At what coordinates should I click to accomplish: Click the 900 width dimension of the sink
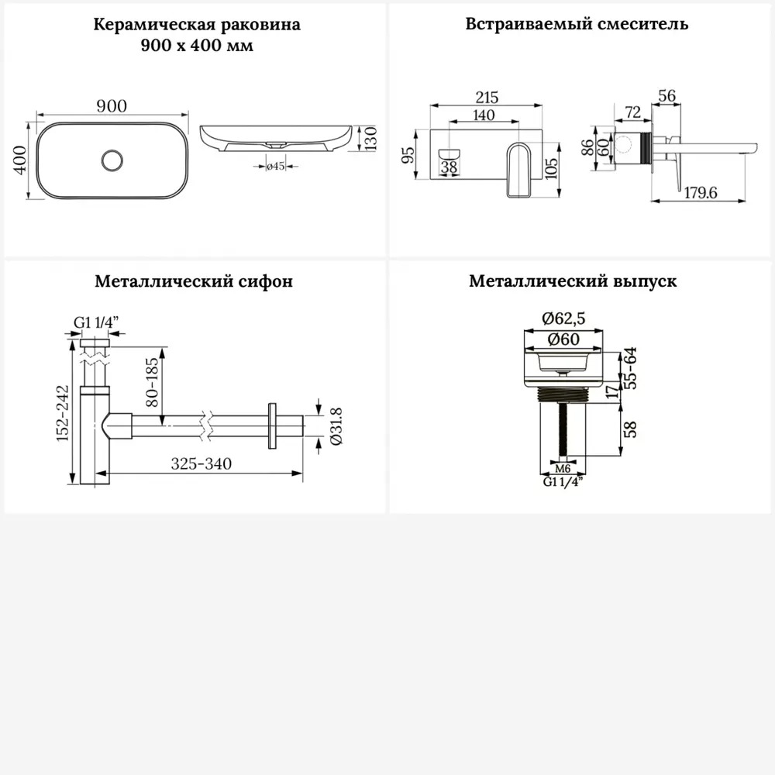pos(112,106)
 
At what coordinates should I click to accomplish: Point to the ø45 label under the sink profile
pos(277,166)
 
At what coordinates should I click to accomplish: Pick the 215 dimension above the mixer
pos(487,98)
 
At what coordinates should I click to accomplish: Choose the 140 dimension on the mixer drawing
pos(483,114)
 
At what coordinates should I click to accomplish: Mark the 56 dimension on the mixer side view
pos(666,96)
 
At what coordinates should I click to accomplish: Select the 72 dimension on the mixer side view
pos(632,113)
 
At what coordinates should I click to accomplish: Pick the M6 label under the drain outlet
pos(563,468)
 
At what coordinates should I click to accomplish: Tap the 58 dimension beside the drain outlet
pos(630,429)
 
